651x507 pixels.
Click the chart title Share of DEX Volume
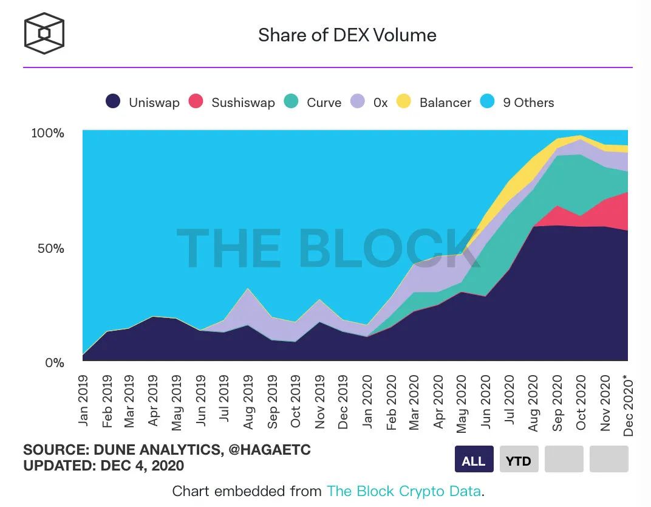347,35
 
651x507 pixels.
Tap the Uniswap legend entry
143,102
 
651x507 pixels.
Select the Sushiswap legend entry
231,102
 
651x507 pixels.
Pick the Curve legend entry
313,102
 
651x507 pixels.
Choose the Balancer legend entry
434,102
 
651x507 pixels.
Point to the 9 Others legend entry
517,102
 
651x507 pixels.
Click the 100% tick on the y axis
47,133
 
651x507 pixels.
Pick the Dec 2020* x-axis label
628,404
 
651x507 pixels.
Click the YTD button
518,460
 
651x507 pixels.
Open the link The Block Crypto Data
404,491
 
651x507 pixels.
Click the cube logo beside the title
44,33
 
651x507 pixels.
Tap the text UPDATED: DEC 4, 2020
103,466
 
